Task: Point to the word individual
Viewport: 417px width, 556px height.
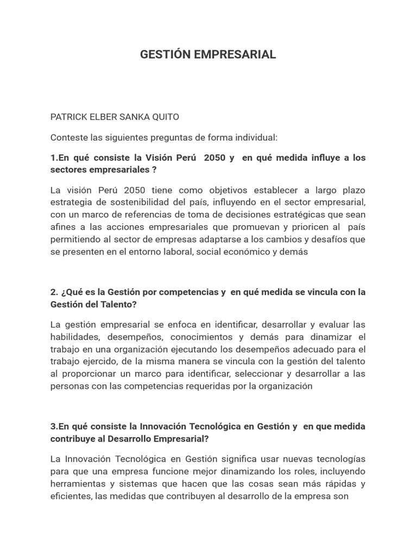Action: pyautogui.click(x=256, y=137)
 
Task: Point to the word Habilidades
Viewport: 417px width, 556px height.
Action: pyautogui.click(x=72, y=337)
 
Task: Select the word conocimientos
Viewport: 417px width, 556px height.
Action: pyautogui.click(x=203, y=337)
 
